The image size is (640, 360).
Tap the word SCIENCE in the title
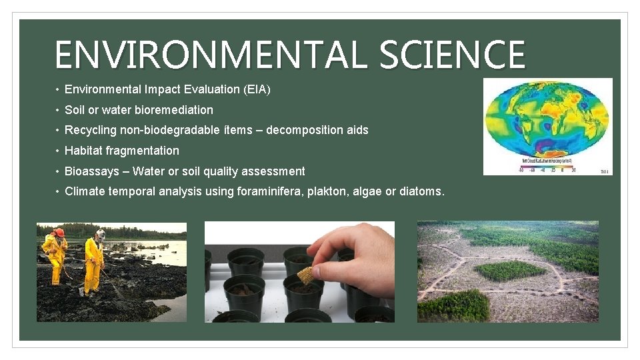[x=452, y=55]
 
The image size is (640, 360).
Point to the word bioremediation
[x=174, y=110]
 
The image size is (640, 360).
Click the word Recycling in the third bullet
[x=90, y=131]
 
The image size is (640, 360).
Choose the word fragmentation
[x=143, y=151]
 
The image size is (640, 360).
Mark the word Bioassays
[x=91, y=171]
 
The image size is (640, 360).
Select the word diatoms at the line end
[x=421, y=192]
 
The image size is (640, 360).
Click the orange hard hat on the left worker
[x=59, y=233]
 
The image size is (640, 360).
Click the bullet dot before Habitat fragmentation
[x=59, y=151]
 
